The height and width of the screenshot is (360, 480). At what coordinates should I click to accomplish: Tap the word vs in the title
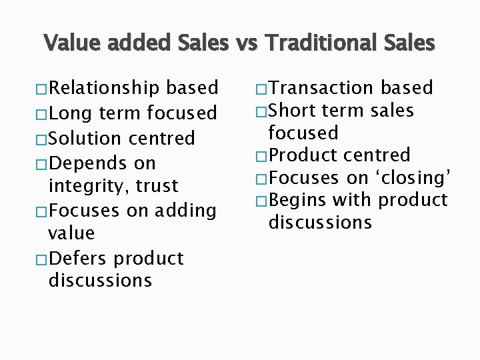[241, 43]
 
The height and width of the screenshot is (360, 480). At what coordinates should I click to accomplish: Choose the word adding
[185, 211]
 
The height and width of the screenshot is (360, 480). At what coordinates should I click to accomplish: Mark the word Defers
[79, 258]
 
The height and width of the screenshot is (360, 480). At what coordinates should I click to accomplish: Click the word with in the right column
[351, 200]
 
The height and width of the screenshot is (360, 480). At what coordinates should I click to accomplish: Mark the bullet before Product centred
[261, 156]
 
